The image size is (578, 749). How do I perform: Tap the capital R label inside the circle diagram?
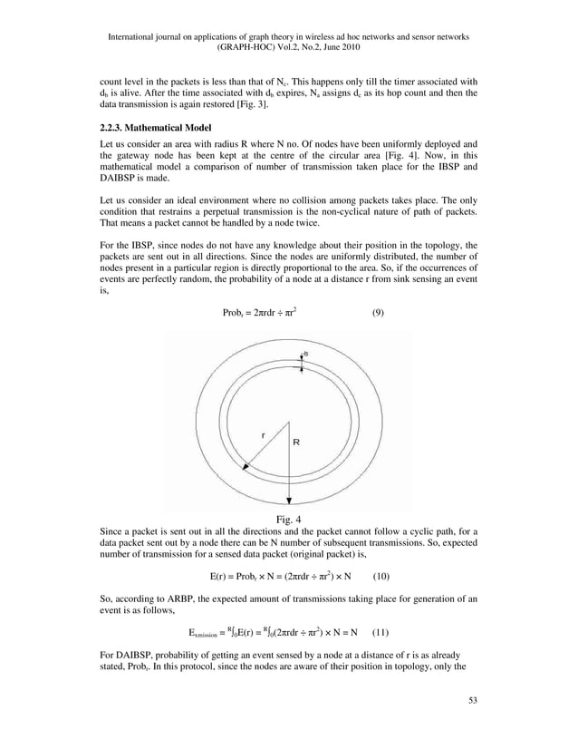pos(296,442)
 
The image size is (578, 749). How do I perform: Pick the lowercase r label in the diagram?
pos(263,435)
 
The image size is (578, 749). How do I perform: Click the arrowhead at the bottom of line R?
pos(289,501)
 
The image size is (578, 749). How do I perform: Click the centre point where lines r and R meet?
pos(289,422)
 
